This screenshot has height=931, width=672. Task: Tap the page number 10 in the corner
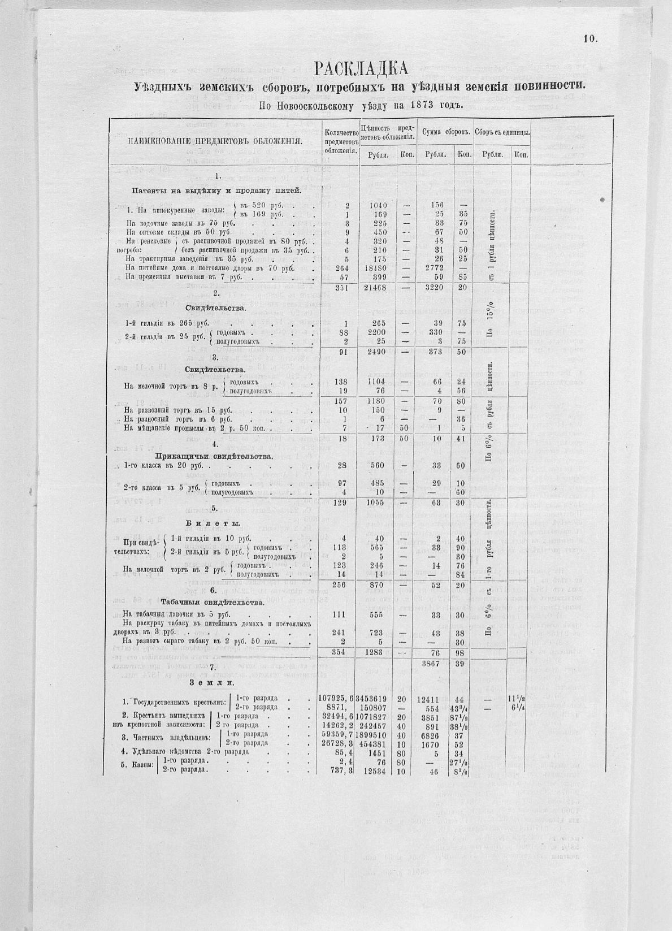tap(591, 38)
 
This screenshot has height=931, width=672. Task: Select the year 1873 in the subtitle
tap(410, 105)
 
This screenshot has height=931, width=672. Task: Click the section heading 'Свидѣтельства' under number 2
tap(215, 308)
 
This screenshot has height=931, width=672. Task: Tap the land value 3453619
tap(376, 699)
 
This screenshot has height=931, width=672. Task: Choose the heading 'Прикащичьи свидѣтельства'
tap(214, 456)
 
